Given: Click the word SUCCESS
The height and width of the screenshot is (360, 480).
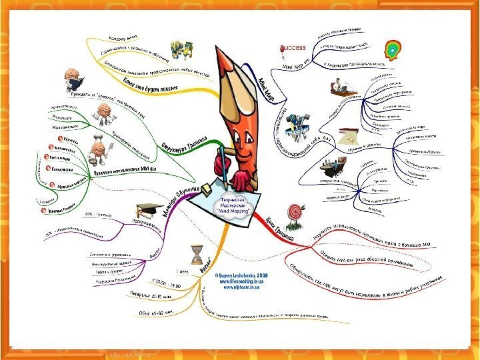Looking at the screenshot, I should tap(293, 49).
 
